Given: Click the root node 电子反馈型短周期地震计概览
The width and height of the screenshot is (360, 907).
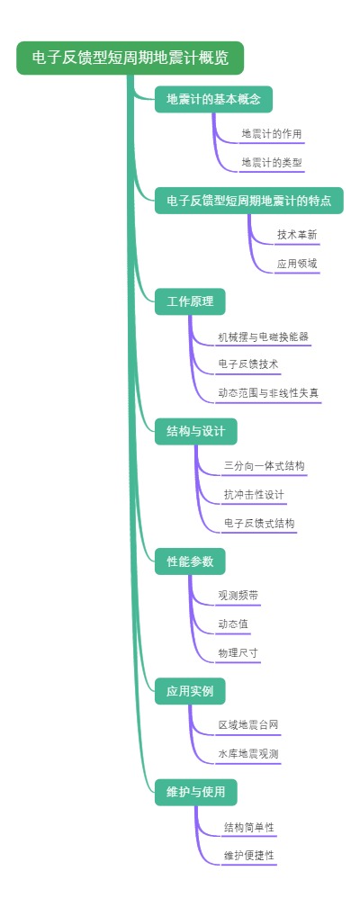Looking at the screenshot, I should point(130,58).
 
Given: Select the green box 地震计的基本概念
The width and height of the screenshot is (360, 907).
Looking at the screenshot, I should point(213,99).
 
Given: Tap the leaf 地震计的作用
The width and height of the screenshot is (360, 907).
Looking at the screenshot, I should point(272,134).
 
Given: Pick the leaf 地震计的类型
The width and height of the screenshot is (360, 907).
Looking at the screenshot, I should point(272,163).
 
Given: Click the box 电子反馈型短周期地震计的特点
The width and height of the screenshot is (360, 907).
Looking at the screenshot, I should point(248,201).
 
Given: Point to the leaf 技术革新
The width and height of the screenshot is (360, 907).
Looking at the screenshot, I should point(297,235).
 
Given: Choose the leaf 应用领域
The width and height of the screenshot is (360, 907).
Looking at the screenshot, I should point(297,264).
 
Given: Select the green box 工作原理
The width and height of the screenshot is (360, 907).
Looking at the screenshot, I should point(190,301).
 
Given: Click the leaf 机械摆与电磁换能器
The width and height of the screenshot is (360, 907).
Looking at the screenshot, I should point(264,337).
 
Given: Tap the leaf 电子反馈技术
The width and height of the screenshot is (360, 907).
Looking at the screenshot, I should point(248,364).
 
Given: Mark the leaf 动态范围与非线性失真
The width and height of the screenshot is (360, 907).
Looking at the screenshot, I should point(268,393).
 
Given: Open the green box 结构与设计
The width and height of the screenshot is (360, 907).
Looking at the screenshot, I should point(195,431).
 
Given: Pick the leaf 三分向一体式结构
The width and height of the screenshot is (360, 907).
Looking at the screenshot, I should point(264,466).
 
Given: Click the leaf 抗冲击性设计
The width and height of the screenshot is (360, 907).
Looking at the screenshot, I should point(255,495).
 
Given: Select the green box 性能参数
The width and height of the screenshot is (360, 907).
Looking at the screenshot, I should point(190,561).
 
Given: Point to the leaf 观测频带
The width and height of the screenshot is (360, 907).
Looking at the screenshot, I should point(238,596).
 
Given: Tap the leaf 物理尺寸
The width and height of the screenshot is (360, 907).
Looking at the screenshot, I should point(238,652).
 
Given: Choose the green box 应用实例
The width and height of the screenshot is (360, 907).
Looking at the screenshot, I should point(190,691).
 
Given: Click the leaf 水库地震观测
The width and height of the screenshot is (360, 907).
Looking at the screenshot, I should point(248,754).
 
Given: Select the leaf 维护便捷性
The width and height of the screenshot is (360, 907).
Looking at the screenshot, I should point(249,855).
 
